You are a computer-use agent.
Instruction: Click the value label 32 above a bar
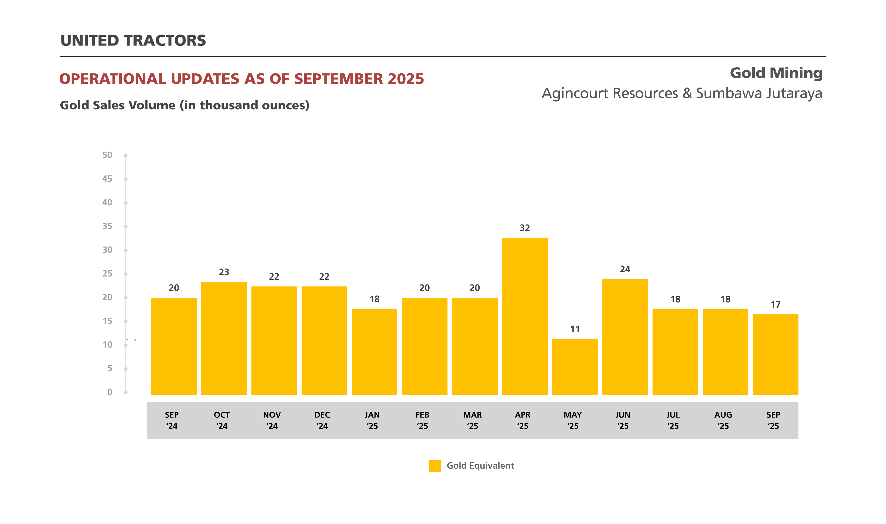click(x=525, y=228)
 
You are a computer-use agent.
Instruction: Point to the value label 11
click(x=575, y=329)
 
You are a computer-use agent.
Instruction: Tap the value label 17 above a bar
click(x=775, y=304)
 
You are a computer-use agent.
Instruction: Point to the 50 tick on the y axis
click(x=107, y=155)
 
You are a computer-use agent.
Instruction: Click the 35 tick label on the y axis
click(x=107, y=226)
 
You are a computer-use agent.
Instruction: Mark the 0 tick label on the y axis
click(x=110, y=392)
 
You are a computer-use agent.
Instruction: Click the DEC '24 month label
click(x=322, y=420)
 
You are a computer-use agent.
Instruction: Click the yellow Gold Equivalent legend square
click(x=435, y=465)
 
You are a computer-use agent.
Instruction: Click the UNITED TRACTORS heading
click(x=133, y=41)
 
